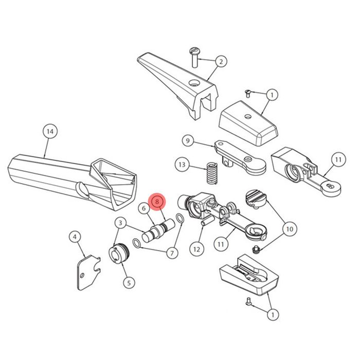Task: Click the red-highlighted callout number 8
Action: [157, 202]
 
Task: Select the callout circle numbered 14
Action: [50, 132]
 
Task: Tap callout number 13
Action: [182, 165]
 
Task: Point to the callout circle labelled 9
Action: [188, 140]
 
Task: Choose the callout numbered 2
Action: [221, 62]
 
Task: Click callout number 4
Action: [76, 237]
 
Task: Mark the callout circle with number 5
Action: [129, 283]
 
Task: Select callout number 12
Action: [197, 249]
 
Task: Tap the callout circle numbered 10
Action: [290, 229]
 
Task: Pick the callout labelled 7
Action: [172, 253]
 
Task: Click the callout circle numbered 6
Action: [144, 208]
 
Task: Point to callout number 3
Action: [121, 223]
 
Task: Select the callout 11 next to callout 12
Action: [221, 244]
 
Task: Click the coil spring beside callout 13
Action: [212, 173]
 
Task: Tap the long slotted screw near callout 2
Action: [195, 58]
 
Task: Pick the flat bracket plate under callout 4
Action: [88, 273]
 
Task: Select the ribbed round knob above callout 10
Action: [256, 199]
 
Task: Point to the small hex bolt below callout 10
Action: [256, 249]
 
